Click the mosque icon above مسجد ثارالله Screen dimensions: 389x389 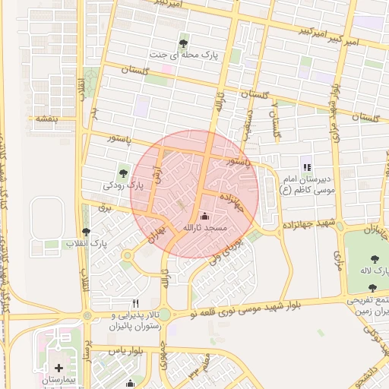[x=203, y=217]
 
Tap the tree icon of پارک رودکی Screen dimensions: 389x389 [x=124, y=173]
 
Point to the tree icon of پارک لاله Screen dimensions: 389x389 [x=375, y=259]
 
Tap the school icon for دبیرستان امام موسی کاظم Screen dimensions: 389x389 [x=306, y=167]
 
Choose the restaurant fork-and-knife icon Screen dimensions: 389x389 [x=135, y=302]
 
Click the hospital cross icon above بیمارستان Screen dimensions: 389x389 [x=59, y=368]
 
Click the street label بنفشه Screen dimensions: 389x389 [x=43, y=119]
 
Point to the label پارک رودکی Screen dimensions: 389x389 [x=123, y=185]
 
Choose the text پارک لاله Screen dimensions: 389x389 [x=375, y=271]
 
